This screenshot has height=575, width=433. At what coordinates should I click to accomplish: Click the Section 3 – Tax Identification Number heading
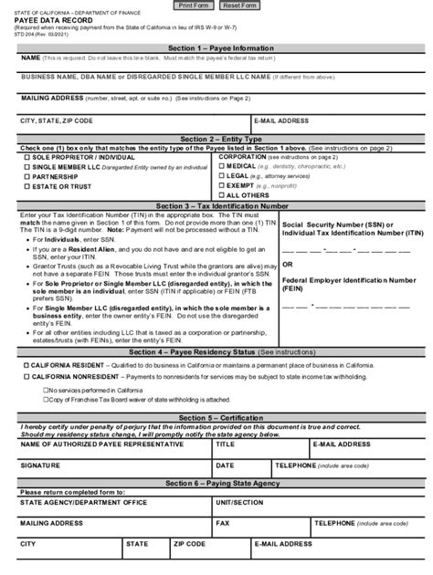point(216,206)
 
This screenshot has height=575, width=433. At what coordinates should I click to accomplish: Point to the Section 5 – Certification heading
point(216,418)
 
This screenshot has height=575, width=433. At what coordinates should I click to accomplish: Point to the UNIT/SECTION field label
point(239,502)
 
